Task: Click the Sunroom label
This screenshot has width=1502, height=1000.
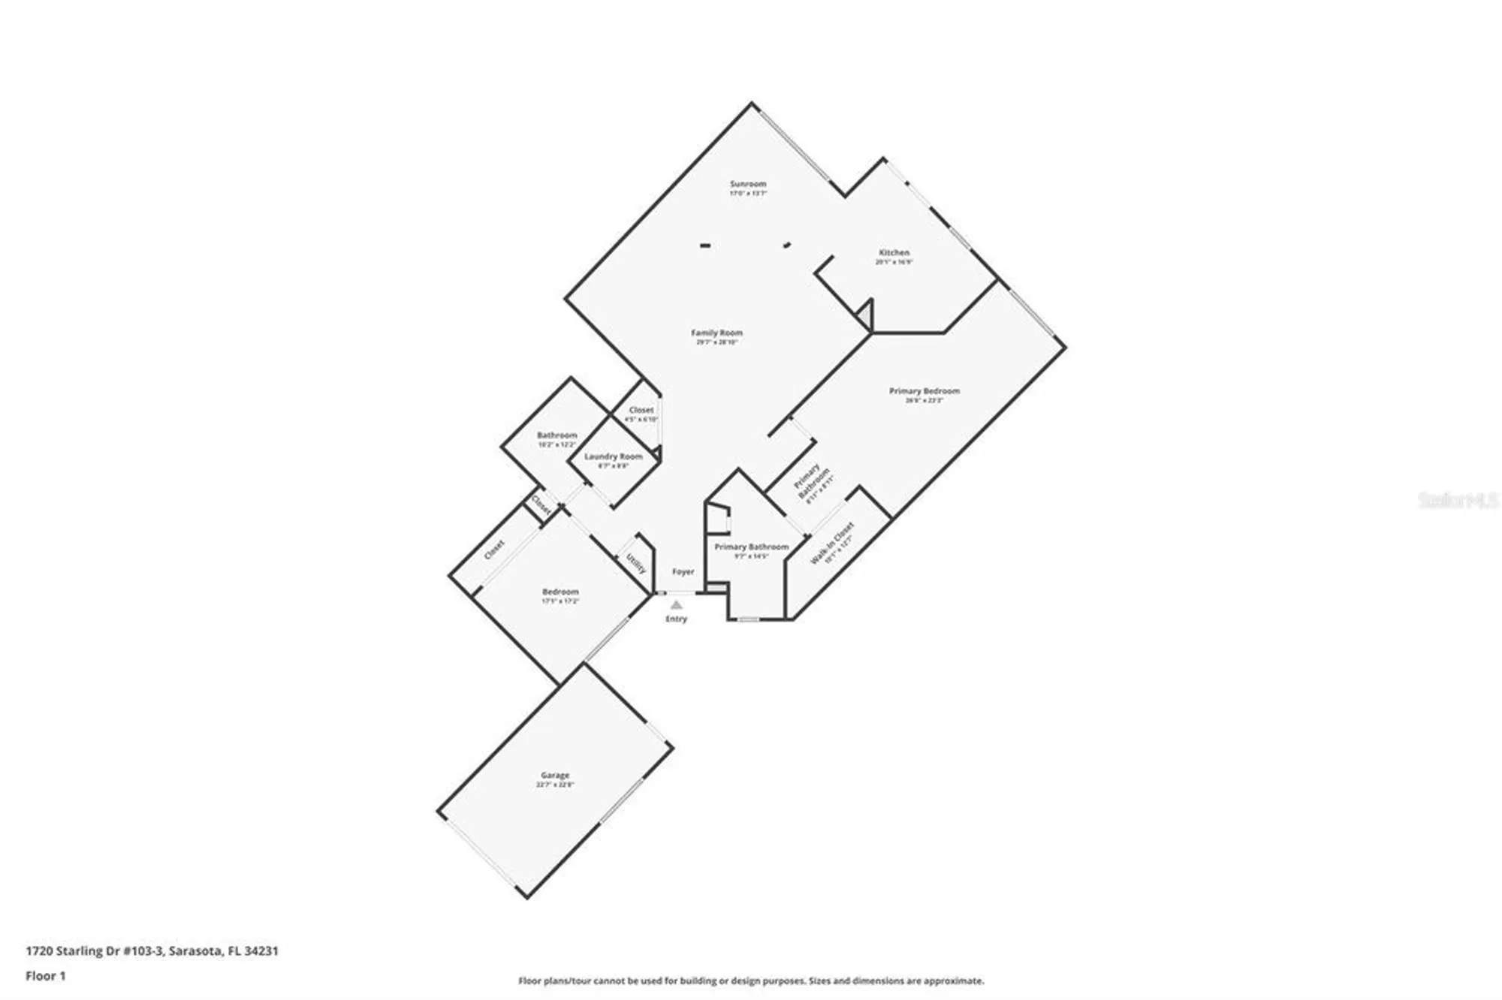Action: [x=748, y=184]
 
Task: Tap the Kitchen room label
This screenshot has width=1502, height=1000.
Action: [x=894, y=253]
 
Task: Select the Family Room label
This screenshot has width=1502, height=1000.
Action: [x=716, y=333]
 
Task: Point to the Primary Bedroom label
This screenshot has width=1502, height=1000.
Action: [x=924, y=391]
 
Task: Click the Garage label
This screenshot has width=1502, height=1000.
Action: [x=555, y=775]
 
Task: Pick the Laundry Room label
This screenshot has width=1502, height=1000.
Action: [x=613, y=456]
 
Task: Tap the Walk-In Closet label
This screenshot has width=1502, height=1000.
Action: [x=832, y=543]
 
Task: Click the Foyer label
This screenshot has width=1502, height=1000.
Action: [x=683, y=572]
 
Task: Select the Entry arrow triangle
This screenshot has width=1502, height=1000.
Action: [x=676, y=604]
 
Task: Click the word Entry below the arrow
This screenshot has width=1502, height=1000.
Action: [x=676, y=619]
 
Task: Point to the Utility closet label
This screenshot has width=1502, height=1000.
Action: [x=635, y=564]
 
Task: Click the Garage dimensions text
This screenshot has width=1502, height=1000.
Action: [x=555, y=785]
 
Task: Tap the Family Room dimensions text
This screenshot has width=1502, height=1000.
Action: [x=716, y=342]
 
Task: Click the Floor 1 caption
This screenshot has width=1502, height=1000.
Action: [x=46, y=976]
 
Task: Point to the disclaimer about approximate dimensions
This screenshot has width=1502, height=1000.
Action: [x=751, y=980]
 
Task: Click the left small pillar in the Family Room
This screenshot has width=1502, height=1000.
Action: [x=705, y=245]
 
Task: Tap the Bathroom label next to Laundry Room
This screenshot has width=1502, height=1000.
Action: [x=556, y=435]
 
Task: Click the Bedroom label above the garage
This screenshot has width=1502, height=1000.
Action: [x=560, y=592]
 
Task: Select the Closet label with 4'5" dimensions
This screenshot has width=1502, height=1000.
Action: [x=641, y=410]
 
